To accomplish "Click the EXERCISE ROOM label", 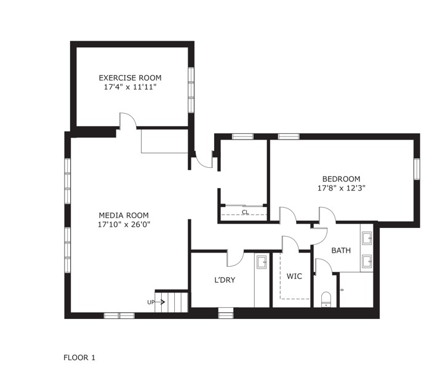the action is point(130,77).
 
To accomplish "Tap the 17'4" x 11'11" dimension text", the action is point(130,87).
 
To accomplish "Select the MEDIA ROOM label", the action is point(124,215).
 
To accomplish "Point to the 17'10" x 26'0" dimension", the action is point(124,224).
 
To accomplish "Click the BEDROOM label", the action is point(341,179).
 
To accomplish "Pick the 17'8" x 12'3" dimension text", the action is point(341,188).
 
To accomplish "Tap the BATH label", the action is point(341,250).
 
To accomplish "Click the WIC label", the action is point(294,277).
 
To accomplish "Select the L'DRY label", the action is point(225,280).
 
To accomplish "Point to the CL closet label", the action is point(246,213).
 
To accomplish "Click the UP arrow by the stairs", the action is point(159,302).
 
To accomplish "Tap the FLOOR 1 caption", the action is point(79,358).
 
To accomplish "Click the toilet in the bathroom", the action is point(326,299).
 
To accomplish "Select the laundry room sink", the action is point(262,262).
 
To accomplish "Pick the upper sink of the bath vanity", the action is point(367,238).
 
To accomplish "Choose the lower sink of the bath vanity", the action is point(367,261).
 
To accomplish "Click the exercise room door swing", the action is point(128,120).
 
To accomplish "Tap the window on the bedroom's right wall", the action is point(417,169).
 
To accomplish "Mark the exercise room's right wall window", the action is point(191,90).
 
